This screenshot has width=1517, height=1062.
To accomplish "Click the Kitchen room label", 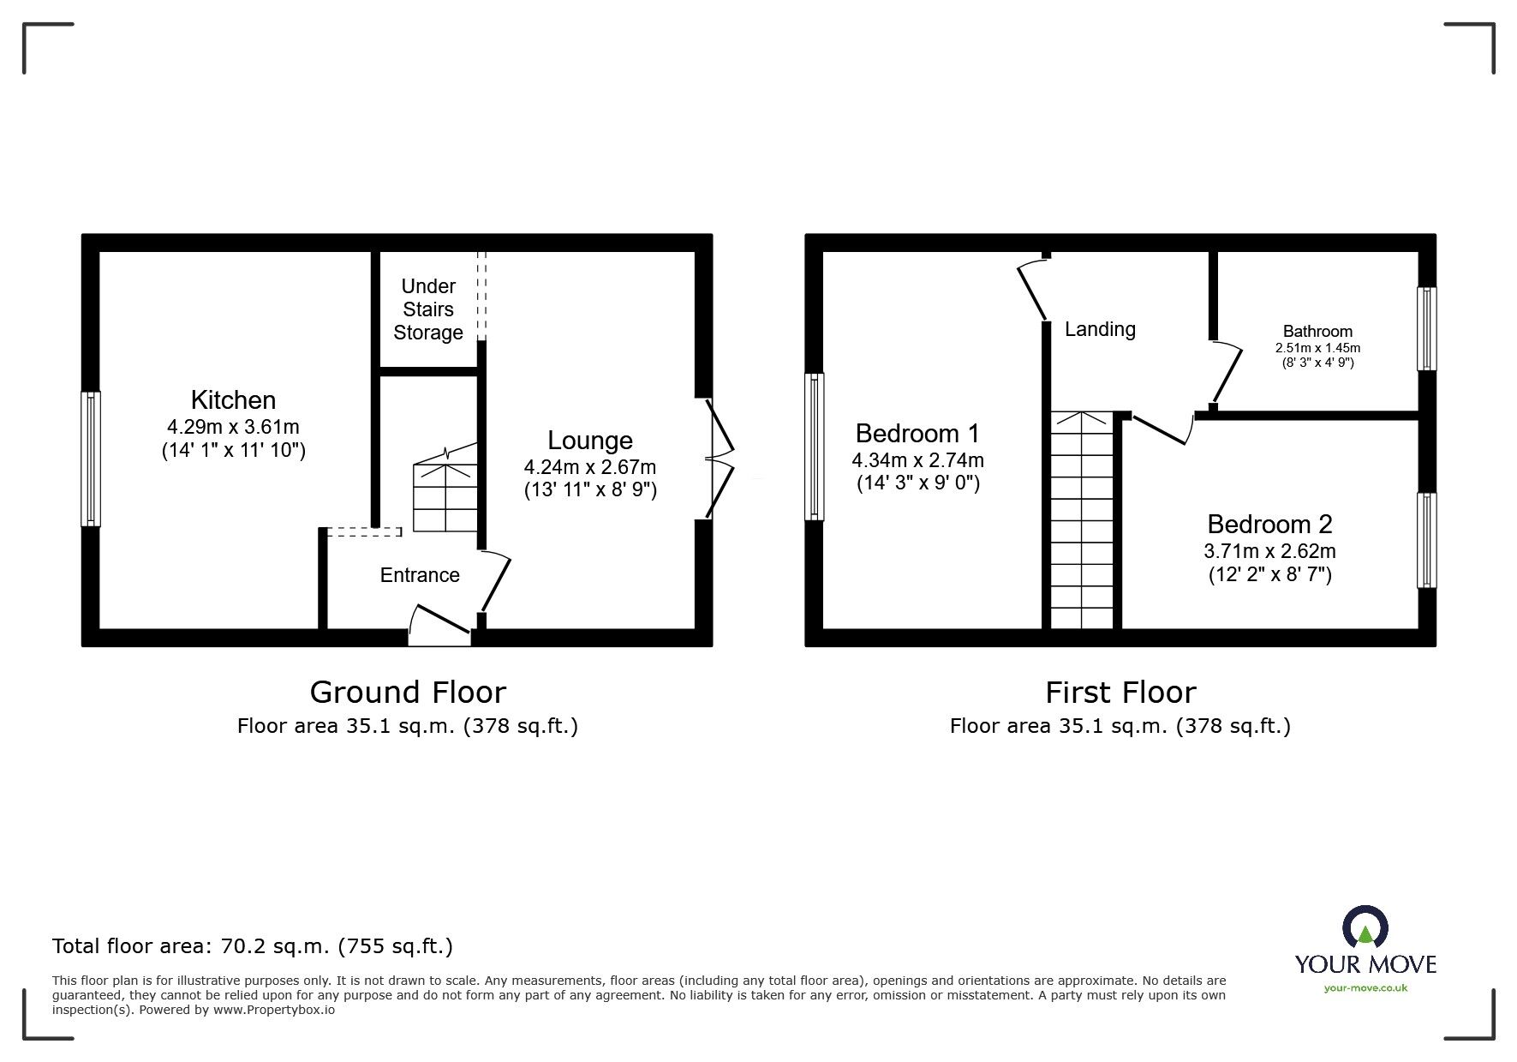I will [233, 400].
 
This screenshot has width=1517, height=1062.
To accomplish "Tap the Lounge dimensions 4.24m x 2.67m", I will [589, 467].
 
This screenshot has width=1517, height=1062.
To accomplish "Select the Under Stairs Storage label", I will [427, 309].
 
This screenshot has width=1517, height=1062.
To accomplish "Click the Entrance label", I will [420, 575].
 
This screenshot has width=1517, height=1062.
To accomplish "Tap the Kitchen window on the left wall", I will [91, 459].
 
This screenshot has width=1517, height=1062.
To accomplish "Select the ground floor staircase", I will [445, 497].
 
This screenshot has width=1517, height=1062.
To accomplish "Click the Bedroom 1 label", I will [917, 433].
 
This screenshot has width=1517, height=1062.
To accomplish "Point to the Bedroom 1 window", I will [814, 447].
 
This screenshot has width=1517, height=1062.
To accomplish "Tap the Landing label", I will [1100, 329].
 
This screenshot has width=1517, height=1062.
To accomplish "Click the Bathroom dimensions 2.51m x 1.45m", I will [1317, 348].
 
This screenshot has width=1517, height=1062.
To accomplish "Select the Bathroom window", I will [1426, 328].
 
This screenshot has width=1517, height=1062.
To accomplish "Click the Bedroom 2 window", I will [1426, 540].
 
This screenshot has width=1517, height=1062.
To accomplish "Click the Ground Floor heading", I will [408, 692].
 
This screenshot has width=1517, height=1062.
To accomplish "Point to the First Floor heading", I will [1120, 692].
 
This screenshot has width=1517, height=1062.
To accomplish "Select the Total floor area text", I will [253, 946].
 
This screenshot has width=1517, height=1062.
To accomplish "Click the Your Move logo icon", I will [1365, 927].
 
